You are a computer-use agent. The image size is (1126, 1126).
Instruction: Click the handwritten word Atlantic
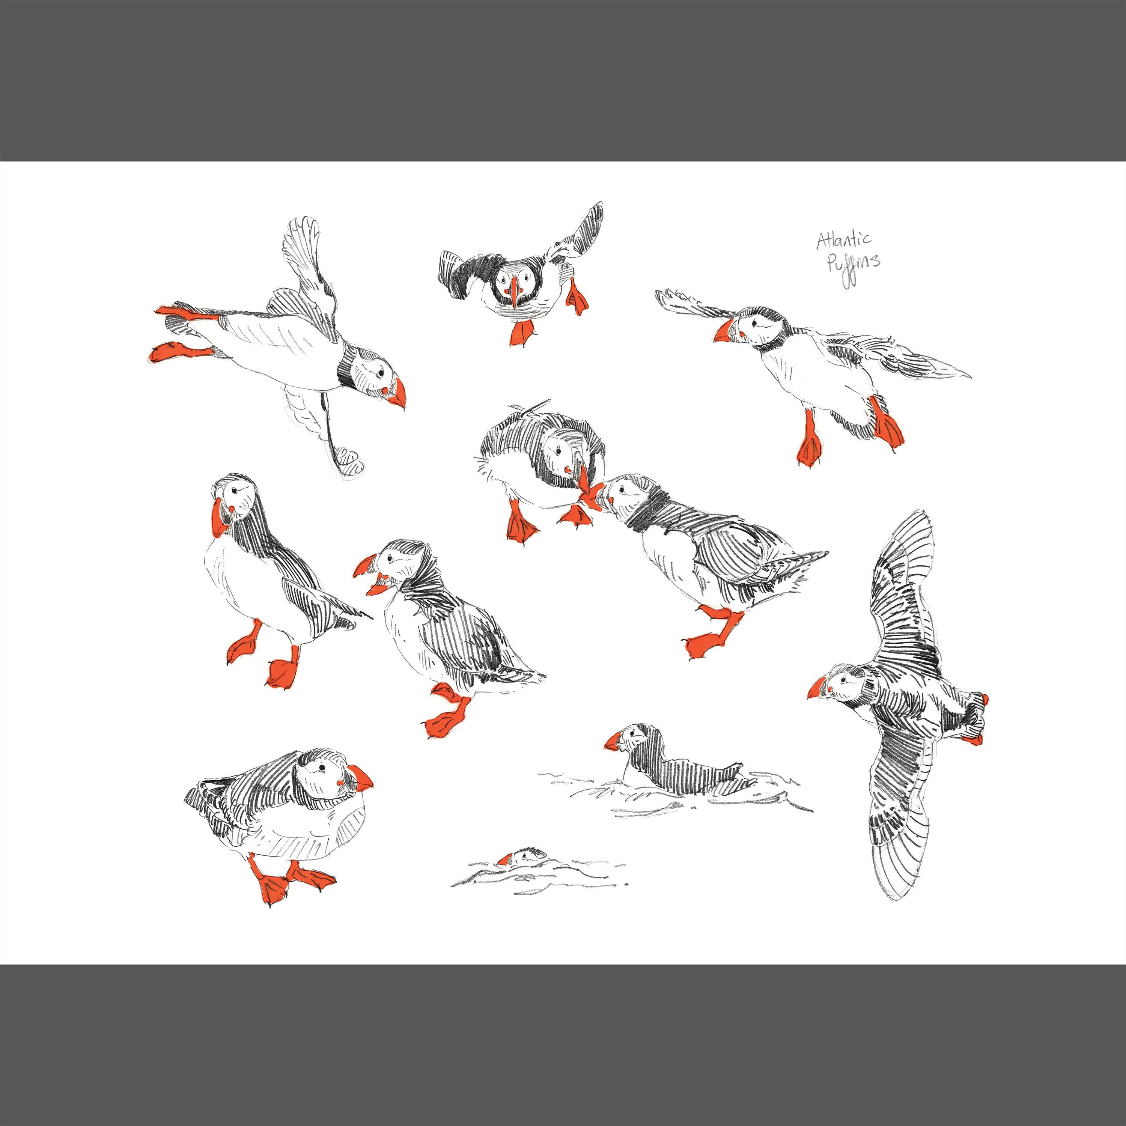click(844, 239)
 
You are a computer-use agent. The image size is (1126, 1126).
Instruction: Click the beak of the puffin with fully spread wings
click(816, 689)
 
